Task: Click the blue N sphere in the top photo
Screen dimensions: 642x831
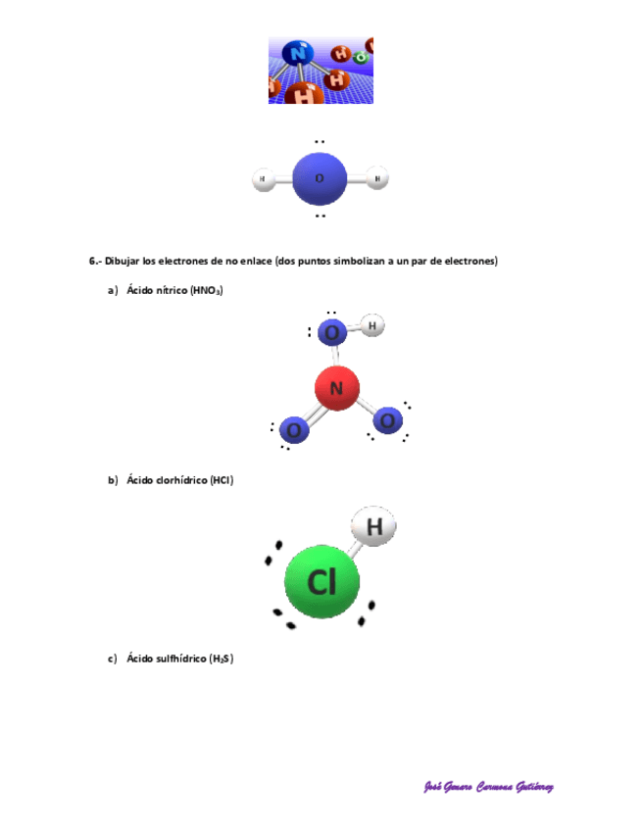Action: point(297,54)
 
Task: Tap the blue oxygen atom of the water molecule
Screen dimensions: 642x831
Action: point(320,178)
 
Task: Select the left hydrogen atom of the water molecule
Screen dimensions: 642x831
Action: point(262,179)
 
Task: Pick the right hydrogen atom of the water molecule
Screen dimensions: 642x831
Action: point(379,178)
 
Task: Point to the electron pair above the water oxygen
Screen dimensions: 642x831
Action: point(320,142)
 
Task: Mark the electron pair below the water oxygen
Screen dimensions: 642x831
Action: point(320,216)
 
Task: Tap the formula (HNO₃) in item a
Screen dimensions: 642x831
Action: point(207,290)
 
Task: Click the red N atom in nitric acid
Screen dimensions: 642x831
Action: point(336,388)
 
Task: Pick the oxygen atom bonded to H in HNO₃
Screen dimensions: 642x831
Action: point(332,333)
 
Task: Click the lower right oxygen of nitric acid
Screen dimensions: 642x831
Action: point(387,420)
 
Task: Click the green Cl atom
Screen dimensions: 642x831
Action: point(321,582)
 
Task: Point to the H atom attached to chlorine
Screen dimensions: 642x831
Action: point(373,527)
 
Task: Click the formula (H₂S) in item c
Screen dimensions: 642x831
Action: point(221,659)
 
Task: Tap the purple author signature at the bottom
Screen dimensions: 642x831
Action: point(488,788)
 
